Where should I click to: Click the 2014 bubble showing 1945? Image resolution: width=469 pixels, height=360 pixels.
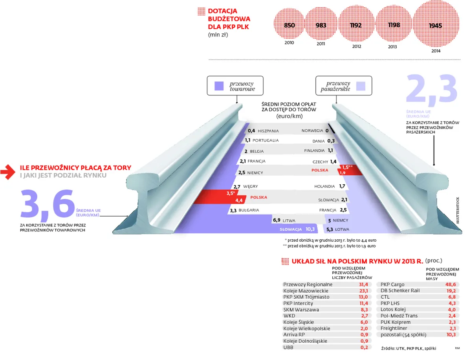[x=436, y=26]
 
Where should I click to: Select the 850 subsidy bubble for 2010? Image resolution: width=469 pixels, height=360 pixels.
[x=289, y=26]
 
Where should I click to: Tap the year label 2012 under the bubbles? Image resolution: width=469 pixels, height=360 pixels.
[x=356, y=46]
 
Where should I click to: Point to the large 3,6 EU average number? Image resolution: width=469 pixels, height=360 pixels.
[x=47, y=204]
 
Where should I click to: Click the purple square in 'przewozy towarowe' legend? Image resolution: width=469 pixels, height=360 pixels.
[x=219, y=86]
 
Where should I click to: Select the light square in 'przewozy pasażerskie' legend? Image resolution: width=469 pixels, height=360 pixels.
[x=360, y=86]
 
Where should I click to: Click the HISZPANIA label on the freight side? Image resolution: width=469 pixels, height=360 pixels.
[x=268, y=131]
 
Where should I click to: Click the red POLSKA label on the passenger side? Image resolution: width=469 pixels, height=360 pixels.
[x=320, y=170]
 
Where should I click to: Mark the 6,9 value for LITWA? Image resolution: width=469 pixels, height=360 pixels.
[x=276, y=220]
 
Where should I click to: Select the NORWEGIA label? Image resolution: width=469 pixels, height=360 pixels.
[x=312, y=131]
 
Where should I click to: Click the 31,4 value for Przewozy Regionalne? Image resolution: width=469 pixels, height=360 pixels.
[x=363, y=285]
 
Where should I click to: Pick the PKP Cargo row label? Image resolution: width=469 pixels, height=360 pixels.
[x=392, y=285]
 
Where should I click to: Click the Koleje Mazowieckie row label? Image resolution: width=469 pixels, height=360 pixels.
[x=306, y=291]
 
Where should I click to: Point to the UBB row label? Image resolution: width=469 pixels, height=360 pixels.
[x=288, y=347]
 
